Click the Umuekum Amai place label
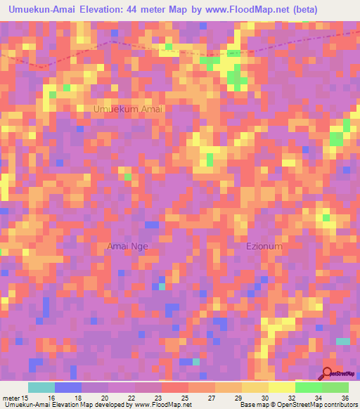click(x=128, y=110)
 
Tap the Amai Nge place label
click(x=128, y=246)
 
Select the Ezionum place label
click(x=264, y=246)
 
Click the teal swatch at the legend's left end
click(x=41, y=387)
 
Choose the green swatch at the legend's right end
click(x=335, y=387)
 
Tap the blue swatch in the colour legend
click(x=67, y=387)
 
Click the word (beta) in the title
click(x=307, y=10)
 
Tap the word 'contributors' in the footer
click(x=338, y=405)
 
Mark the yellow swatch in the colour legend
click(x=281, y=387)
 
